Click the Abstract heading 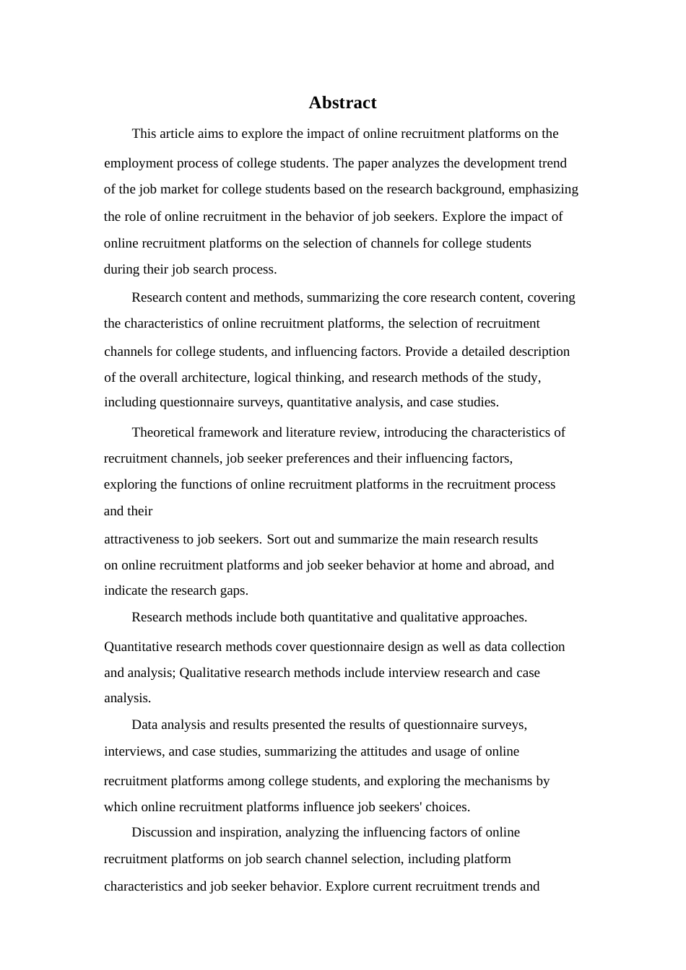point(342,102)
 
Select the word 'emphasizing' point(545,189)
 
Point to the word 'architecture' point(214,377)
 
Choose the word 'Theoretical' point(164,432)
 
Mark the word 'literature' point(311,432)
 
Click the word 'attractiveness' point(147,539)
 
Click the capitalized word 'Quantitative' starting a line point(139,647)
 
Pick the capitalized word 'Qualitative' point(212,673)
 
